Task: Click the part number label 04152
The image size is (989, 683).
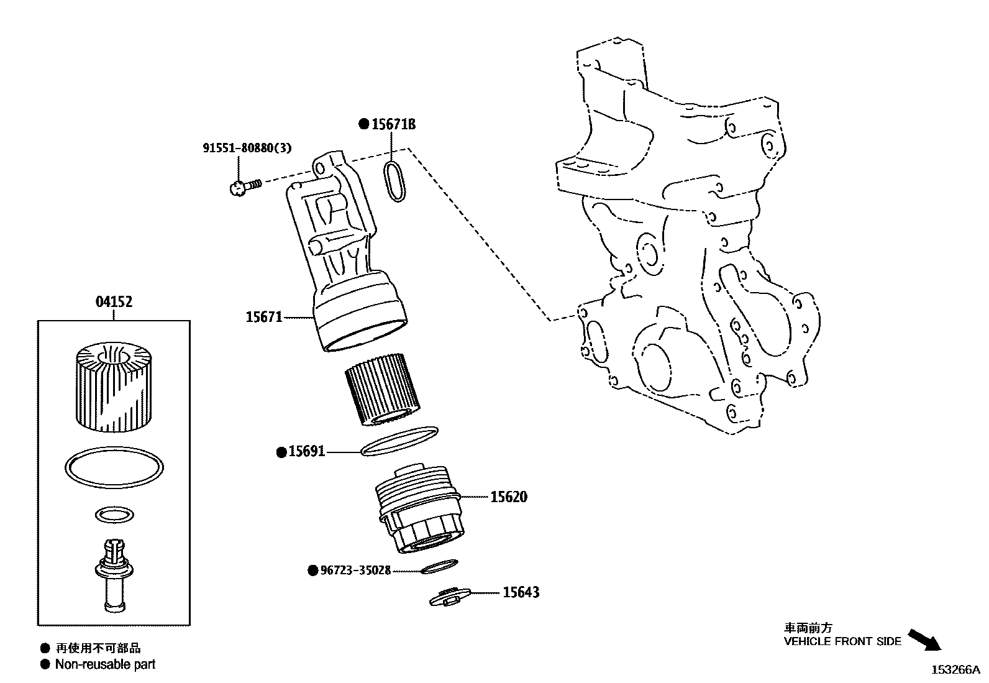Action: (114, 302)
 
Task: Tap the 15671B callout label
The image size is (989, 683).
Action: (393, 124)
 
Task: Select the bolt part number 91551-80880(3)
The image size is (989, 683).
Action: (247, 149)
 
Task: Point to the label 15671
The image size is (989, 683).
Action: (264, 317)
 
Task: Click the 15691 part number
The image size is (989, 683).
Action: (306, 452)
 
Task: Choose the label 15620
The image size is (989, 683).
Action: (508, 497)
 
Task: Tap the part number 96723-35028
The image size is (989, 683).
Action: (355, 570)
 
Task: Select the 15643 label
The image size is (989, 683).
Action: (521, 592)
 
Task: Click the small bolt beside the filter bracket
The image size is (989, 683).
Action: (243, 185)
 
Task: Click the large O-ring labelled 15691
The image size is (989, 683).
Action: (399, 441)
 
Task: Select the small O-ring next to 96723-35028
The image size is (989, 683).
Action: (439, 566)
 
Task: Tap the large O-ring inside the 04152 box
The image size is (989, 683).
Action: (114, 467)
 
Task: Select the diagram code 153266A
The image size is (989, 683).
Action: (955, 670)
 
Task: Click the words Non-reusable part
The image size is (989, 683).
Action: (105, 664)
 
